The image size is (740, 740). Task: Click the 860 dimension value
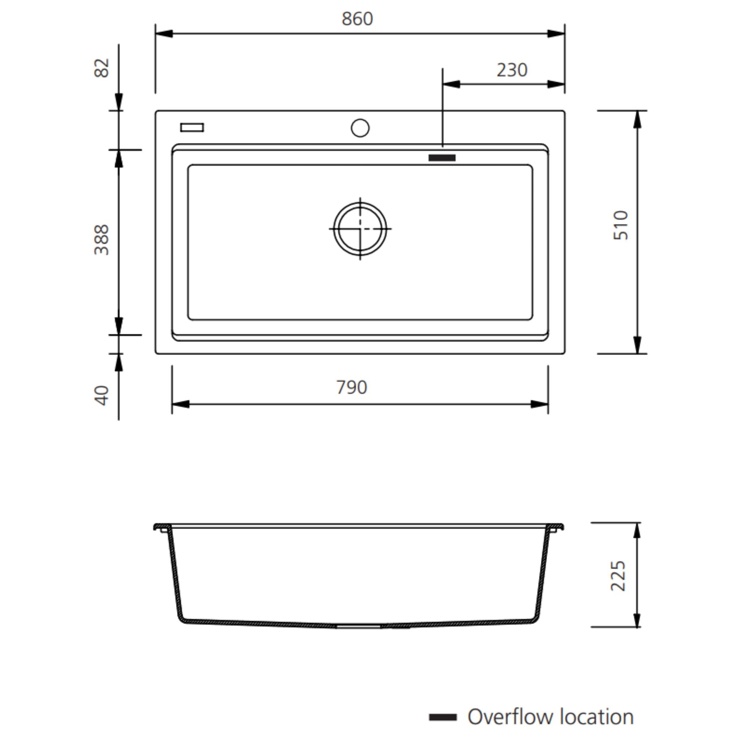click(357, 19)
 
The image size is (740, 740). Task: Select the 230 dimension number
click(512, 70)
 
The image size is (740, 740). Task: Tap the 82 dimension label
click(102, 68)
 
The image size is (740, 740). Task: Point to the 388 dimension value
click(102, 240)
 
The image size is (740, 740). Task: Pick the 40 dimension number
click(102, 395)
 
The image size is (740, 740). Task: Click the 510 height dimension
click(620, 225)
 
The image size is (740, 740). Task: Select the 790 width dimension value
click(352, 387)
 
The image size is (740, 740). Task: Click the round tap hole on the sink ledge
click(360, 128)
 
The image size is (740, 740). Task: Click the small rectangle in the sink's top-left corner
click(192, 128)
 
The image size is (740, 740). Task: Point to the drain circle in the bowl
click(360, 229)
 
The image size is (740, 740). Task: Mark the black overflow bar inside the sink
click(442, 158)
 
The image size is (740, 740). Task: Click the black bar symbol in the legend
click(443, 717)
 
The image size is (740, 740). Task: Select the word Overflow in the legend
click(511, 717)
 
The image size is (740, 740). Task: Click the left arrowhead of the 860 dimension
click(164, 34)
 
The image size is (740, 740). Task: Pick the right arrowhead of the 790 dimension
click(539, 404)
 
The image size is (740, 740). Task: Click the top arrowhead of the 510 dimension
click(637, 120)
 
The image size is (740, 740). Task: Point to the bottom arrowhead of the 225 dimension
click(637, 620)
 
